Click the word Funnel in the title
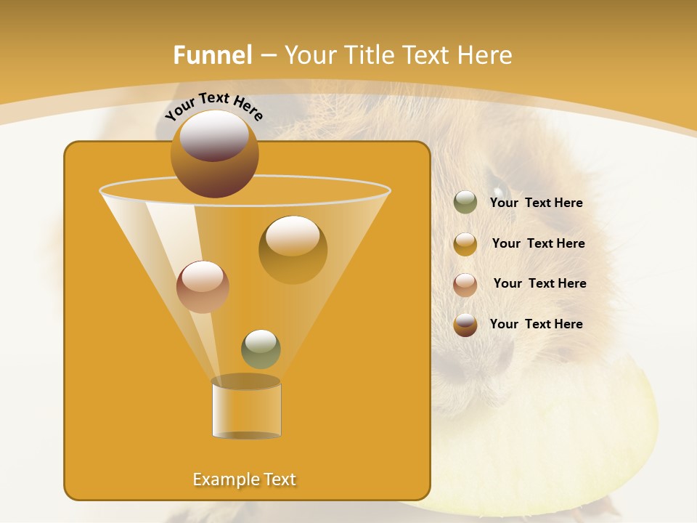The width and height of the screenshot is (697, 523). pos(212,55)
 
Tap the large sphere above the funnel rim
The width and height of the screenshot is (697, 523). pos(214,153)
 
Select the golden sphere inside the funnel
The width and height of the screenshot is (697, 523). pos(293,249)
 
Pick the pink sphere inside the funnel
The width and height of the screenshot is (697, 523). pos(203,287)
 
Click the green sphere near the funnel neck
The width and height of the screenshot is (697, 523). pos(261,349)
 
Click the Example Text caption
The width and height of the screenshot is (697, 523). pos(245,479)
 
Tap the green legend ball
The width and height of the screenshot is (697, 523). pos(465,203)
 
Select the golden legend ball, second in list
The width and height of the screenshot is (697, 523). pos(465,244)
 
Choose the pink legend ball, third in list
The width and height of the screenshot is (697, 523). pos(465,284)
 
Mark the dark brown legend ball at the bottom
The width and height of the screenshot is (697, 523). pos(465,325)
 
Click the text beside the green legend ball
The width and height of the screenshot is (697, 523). pos(536,203)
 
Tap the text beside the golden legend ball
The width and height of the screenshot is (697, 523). pos(538,243)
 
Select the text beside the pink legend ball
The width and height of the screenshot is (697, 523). pos(539,283)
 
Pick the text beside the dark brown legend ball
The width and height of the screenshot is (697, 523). pos(536,324)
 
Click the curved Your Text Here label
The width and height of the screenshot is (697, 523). pos(213,105)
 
